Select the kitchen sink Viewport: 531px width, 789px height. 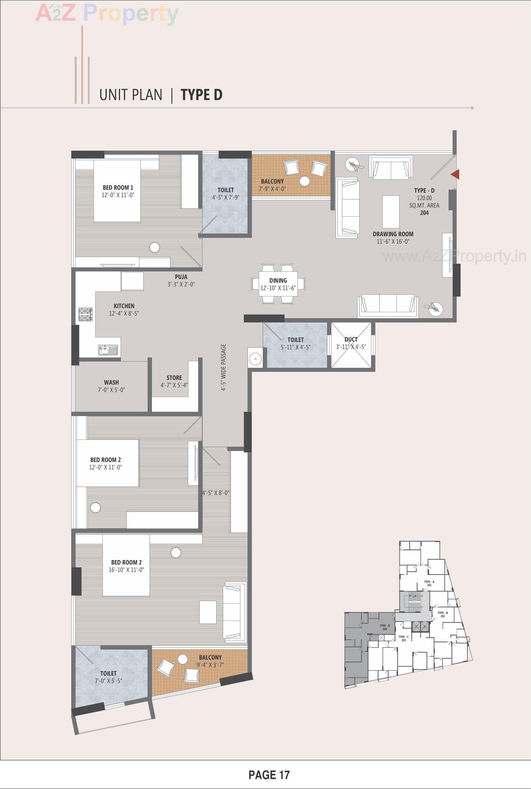pyautogui.click(x=108, y=349)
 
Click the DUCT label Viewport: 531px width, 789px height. pyautogui.click(x=351, y=339)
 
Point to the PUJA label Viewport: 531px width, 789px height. pyautogui.click(x=181, y=277)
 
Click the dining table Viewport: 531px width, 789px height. pyautogui.click(x=278, y=283)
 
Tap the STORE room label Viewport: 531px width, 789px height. pyautogui.click(x=174, y=378)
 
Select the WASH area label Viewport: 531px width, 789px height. pyautogui.click(x=111, y=382)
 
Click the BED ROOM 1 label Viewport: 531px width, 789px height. pyautogui.click(x=118, y=187)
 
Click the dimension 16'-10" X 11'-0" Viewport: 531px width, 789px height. pyautogui.click(x=126, y=570)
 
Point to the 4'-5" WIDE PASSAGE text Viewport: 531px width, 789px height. pyautogui.click(x=223, y=368)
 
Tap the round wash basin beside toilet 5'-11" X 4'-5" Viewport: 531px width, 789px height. pyautogui.click(x=255, y=357)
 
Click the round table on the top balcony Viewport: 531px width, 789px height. pyautogui.click(x=304, y=181)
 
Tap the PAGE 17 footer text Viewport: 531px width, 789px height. pyautogui.click(x=269, y=774)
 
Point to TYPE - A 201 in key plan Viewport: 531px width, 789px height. pyautogui.click(x=429, y=583)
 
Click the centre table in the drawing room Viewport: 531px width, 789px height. pyautogui.click(x=391, y=211)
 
